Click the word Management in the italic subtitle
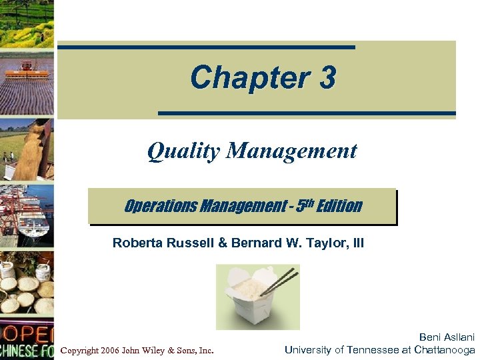(x=291, y=151)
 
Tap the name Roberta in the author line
(x=136, y=243)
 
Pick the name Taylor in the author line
(x=323, y=243)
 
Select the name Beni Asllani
(x=447, y=338)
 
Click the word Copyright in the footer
(x=79, y=350)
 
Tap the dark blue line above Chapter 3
(x=207, y=47)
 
